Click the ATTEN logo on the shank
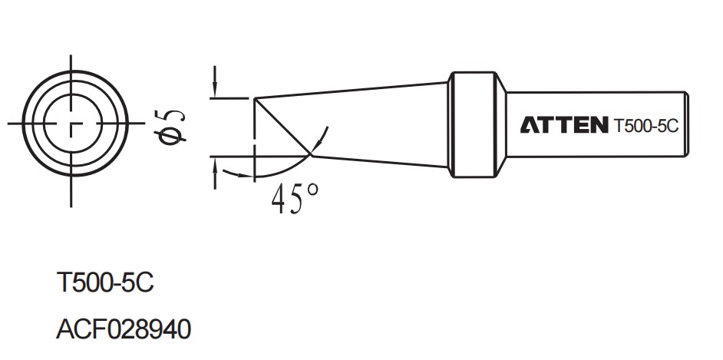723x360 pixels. [x=564, y=125]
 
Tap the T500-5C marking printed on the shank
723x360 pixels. [x=645, y=126]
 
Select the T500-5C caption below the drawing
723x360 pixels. [x=105, y=283]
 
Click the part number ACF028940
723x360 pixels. [x=124, y=330]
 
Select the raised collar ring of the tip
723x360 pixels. [x=477, y=126]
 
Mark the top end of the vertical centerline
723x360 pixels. [x=71, y=57]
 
